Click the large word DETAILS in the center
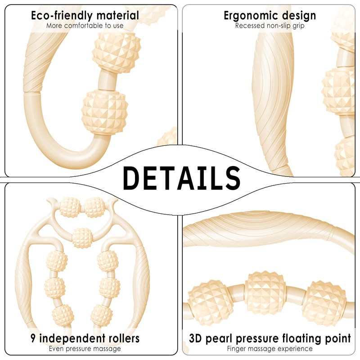182,178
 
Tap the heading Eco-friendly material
85,16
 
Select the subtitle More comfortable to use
85,26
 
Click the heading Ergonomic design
270,16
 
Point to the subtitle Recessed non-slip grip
270,26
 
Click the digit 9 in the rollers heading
33,338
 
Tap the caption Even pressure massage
85,349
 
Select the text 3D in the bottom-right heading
196,338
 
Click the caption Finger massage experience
270,349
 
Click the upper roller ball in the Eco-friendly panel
117,53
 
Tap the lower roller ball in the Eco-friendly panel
105,112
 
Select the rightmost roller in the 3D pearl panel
324,302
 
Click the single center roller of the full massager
82,238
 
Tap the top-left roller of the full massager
70,207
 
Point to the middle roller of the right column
110,288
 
